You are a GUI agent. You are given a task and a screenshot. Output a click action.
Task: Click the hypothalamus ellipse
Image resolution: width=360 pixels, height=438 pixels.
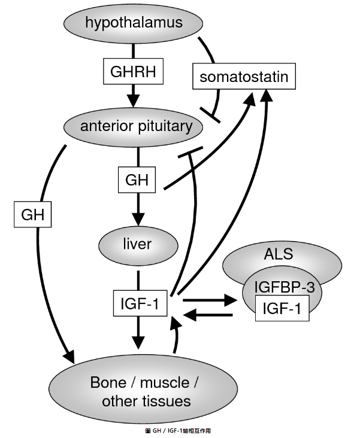(x=133, y=23)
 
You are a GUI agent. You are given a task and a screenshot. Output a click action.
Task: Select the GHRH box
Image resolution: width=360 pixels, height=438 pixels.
(x=133, y=72)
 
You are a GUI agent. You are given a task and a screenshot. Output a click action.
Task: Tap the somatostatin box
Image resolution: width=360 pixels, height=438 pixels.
(x=244, y=77)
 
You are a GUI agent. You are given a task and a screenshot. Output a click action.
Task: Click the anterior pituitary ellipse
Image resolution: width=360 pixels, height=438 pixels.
(x=137, y=126)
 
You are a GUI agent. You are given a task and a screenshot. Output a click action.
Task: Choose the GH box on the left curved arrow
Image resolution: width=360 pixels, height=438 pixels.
(x=32, y=214)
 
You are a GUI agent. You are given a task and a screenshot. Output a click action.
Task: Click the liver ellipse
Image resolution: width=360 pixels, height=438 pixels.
(x=138, y=244)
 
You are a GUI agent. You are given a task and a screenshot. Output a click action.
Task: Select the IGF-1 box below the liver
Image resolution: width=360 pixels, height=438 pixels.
(x=139, y=304)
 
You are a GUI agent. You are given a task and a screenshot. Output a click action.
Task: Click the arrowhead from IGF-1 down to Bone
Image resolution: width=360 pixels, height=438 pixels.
(x=139, y=343)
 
